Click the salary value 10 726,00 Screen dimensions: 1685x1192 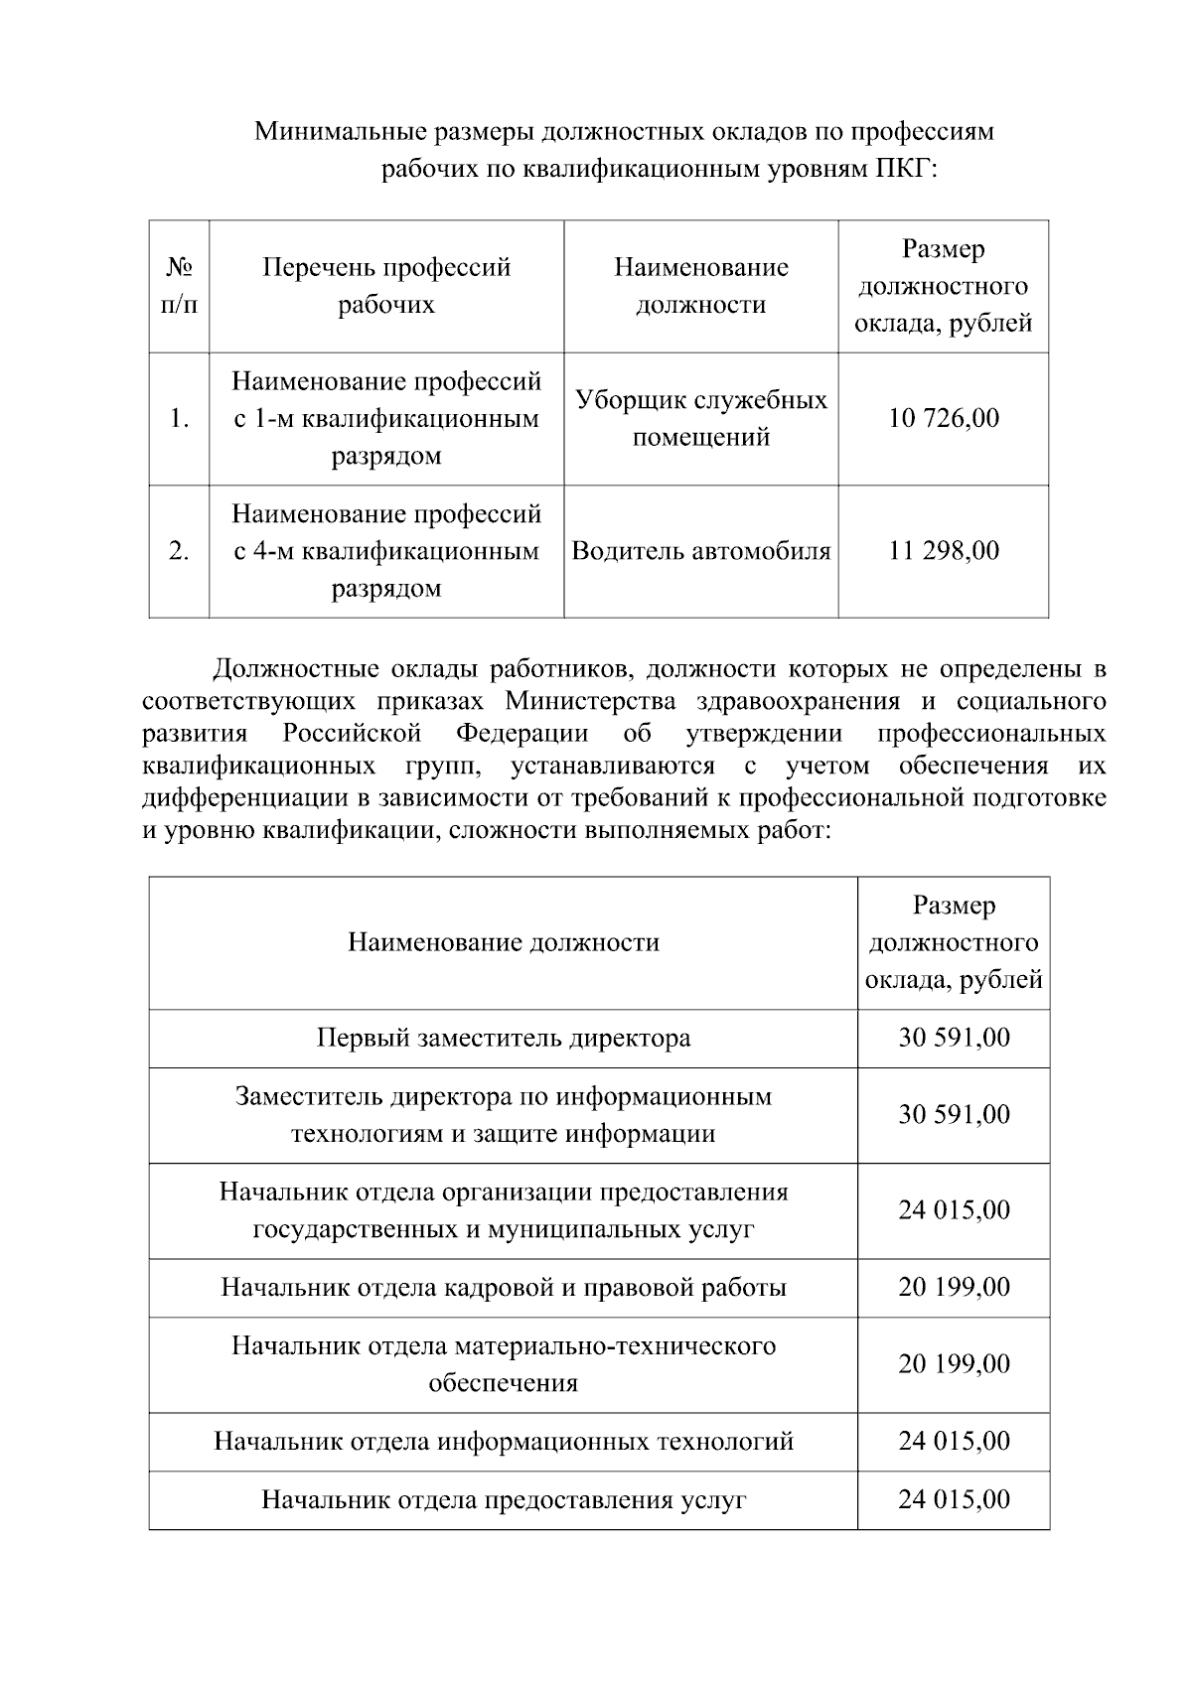coord(943,418)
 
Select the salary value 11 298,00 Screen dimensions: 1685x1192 coord(943,551)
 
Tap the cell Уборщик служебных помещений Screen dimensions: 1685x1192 coord(701,418)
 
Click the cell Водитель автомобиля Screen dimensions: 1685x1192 coord(701,551)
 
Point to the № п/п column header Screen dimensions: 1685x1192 coord(179,286)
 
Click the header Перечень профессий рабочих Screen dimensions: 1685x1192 coord(386,286)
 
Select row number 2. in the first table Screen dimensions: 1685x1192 coord(179,551)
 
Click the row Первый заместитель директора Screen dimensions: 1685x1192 coord(504,1039)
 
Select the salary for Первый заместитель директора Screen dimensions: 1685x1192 coord(954,1039)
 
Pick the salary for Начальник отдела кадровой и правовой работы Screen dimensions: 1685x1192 coord(954,1288)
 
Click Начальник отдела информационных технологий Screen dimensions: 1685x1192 coord(504,1442)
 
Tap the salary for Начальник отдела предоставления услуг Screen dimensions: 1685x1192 coord(954,1499)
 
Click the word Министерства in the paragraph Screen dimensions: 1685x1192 coord(590,702)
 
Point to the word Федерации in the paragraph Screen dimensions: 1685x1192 coord(522,734)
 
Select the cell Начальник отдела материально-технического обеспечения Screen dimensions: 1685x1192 coord(504,1364)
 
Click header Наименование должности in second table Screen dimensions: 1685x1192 coord(504,942)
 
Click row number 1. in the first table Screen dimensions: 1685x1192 coord(179,418)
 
